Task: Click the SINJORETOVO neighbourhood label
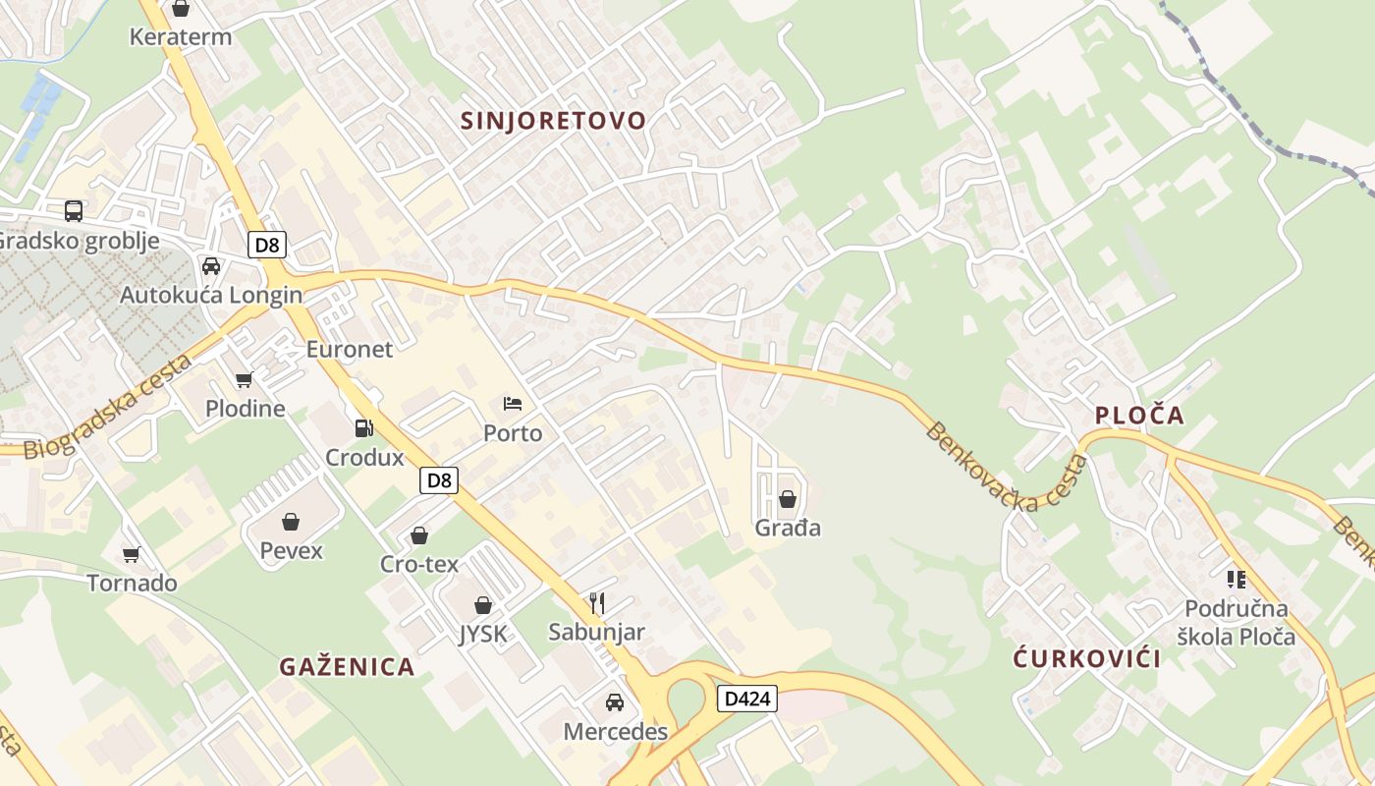click(554, 121)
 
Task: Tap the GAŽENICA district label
click(347, 667)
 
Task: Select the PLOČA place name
click(1139, 416)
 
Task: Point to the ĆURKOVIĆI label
click(1087, 658)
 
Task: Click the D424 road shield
click(747, 700)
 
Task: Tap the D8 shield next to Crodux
click(439, 480)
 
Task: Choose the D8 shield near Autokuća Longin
click(266, 245)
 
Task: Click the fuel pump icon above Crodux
click(363, 428)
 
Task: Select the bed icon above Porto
click(513, 403)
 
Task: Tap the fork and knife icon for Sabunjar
click(596, 602)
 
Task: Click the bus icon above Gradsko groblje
click(74, 210)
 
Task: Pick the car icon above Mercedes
click(615, 702)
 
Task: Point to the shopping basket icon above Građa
click(787, 499)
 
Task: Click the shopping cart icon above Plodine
click(244, 379)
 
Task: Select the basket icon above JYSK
click(483, 605)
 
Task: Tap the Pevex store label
click(291, 550)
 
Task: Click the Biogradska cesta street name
click(108, 408)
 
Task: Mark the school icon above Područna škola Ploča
click(1236, 580)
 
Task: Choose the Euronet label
click(349, 350)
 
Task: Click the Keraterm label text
click(181, 37)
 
